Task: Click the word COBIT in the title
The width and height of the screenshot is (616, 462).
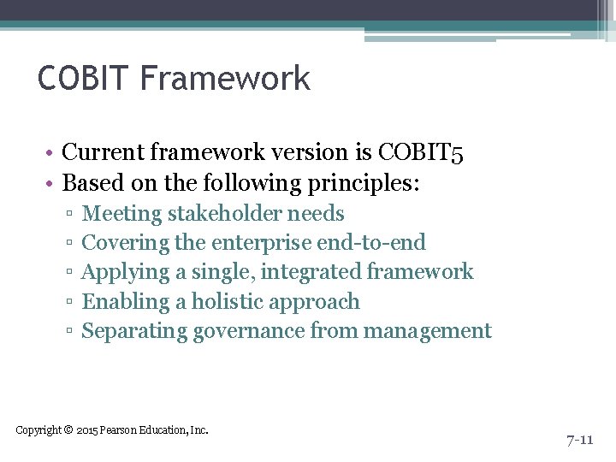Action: (x=83, y=79)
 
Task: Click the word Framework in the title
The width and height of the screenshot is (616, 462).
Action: (x=224, y=79)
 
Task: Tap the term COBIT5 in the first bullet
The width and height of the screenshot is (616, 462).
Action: (x=421, y=152)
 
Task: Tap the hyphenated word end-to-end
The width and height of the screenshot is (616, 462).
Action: (x=370, y=243)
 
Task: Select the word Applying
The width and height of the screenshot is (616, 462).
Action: (x=125, y=272)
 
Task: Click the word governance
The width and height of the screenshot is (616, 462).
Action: (x=248, y=331)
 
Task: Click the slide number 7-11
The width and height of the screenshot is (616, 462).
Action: (x=579, y=440)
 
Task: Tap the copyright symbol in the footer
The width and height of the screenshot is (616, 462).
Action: (x=68, y=429)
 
